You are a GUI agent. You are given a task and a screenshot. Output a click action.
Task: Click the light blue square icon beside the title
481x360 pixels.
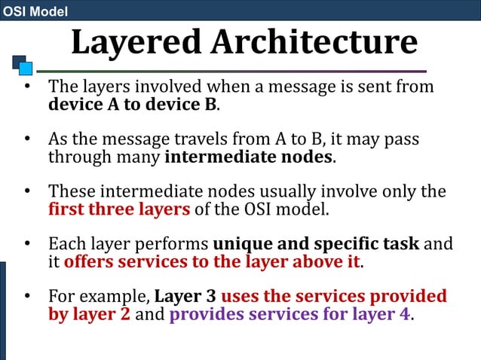coord(26,69)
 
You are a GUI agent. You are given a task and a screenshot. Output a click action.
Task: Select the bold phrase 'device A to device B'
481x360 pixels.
coord(133,104)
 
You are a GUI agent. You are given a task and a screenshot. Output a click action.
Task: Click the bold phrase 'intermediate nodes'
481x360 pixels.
coord(248,158)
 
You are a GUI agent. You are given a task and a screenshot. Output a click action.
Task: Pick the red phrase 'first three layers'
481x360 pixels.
coord(119,209)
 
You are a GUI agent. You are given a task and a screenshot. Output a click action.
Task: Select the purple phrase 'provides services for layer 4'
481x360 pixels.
coord(291,314)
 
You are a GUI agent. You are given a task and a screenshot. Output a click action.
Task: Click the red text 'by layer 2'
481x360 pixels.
coord(90,314)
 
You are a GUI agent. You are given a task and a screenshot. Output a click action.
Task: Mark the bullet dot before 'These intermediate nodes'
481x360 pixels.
coord(26,192)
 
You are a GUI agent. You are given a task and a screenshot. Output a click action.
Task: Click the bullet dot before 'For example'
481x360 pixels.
coord(26,296)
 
